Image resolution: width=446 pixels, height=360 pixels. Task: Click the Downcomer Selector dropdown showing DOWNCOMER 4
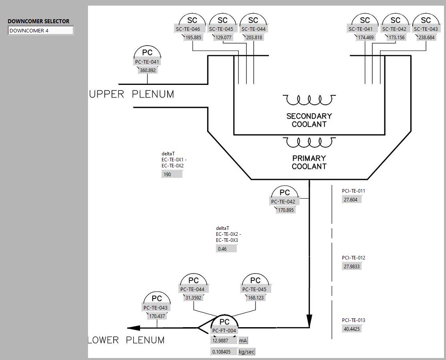41,30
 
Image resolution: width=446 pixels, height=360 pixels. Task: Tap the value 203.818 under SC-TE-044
254,38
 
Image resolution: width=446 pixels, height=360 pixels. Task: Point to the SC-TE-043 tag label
426,29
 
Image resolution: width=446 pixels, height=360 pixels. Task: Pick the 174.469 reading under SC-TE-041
366,38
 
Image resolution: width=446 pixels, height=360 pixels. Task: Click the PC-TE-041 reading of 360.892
148,70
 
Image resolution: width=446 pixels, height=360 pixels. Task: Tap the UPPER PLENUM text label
132,95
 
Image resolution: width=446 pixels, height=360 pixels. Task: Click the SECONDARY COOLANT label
309,120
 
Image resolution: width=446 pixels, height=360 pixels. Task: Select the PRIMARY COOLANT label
309,162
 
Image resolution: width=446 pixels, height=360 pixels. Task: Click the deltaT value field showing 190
172,174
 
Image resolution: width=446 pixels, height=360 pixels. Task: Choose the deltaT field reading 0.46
226,249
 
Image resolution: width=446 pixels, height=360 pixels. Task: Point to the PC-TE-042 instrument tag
283,202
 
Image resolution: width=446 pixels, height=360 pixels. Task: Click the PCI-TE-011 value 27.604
352,199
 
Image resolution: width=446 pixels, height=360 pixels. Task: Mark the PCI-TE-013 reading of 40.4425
352,329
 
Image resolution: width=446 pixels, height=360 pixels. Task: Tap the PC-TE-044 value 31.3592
194,298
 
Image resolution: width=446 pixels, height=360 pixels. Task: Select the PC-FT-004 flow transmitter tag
224,331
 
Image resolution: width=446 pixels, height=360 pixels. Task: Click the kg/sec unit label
246,352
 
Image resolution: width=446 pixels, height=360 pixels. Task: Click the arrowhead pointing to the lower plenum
134,328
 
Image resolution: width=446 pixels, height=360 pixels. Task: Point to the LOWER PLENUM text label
126,340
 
